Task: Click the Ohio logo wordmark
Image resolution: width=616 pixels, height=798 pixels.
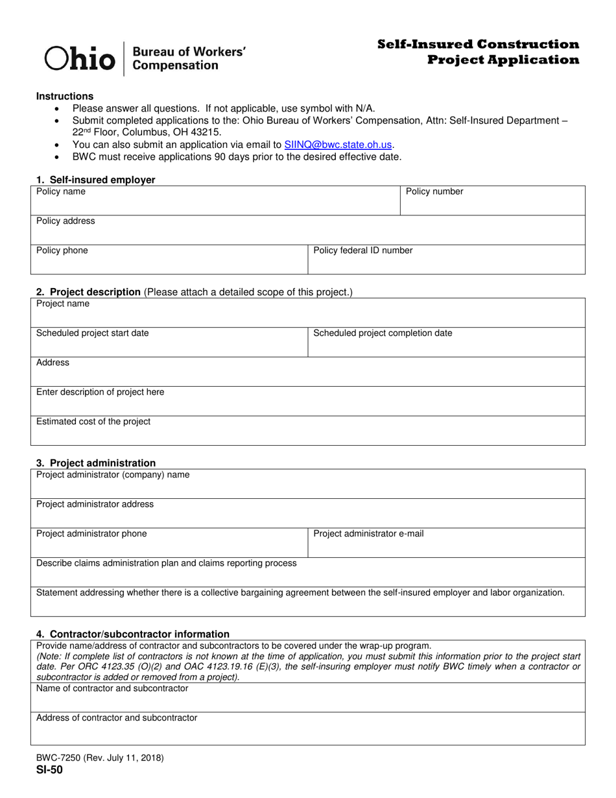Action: [79, 58]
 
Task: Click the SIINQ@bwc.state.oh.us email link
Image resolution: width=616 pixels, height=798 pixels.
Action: [338, 145]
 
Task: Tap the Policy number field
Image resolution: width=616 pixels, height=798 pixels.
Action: [493, 201]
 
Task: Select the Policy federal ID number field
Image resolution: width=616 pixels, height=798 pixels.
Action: [446, 260]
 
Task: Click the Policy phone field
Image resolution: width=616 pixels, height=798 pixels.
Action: [169, 260]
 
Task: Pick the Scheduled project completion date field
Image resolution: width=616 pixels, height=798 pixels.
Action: [446, 343]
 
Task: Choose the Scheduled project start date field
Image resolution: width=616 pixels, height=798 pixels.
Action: [169, 343]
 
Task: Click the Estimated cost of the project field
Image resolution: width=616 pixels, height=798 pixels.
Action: [308, 431]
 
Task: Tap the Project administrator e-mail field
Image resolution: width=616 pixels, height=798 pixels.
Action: [446, 543]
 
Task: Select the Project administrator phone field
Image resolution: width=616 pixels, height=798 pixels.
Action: [169, 543]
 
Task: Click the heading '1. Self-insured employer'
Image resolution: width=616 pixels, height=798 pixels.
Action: [96, 180]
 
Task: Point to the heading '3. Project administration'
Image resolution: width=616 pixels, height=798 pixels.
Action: [96, 463]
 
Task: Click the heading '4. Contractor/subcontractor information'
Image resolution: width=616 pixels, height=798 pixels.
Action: [133, 634]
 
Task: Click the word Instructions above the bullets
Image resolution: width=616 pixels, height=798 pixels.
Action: [65, 96]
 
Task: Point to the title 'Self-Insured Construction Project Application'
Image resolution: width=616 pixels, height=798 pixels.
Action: [478, 52]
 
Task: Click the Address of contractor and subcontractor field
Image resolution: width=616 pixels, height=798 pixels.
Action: [308, 729]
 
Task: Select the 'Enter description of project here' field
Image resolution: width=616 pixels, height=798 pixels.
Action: [308, 402]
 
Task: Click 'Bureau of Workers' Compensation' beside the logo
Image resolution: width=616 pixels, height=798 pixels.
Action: [188, 58]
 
